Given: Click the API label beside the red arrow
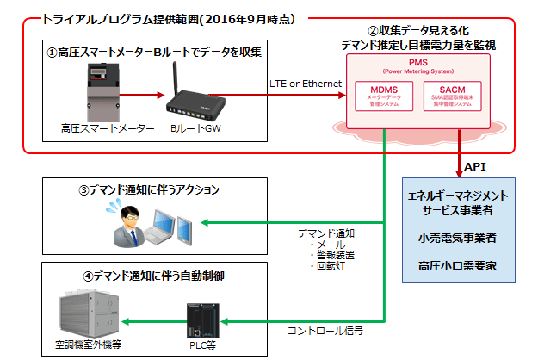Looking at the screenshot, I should (x=475, y=165).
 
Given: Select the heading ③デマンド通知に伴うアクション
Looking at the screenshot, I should (x=155, y=189).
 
